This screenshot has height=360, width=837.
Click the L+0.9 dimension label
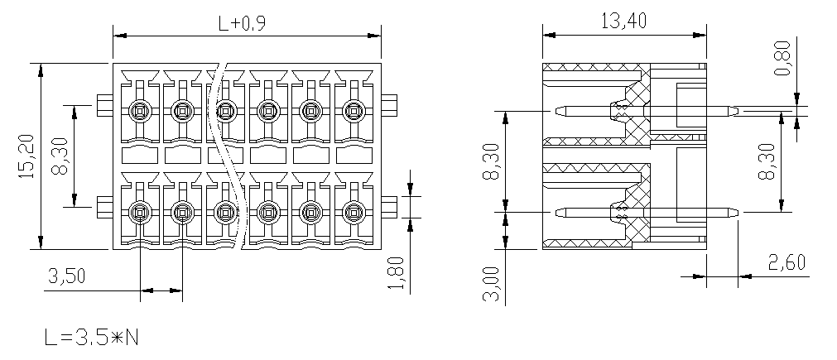(242, 23)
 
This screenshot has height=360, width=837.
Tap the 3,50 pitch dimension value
(67, 276)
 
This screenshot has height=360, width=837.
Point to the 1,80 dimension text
(397, 275)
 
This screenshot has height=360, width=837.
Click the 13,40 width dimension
(624, 21)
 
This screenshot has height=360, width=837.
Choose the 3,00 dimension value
(491, 284)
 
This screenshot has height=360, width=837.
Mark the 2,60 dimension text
(786, 262)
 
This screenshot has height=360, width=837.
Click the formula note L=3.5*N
(92, 337)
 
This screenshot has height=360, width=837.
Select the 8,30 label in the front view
(60, 156)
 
